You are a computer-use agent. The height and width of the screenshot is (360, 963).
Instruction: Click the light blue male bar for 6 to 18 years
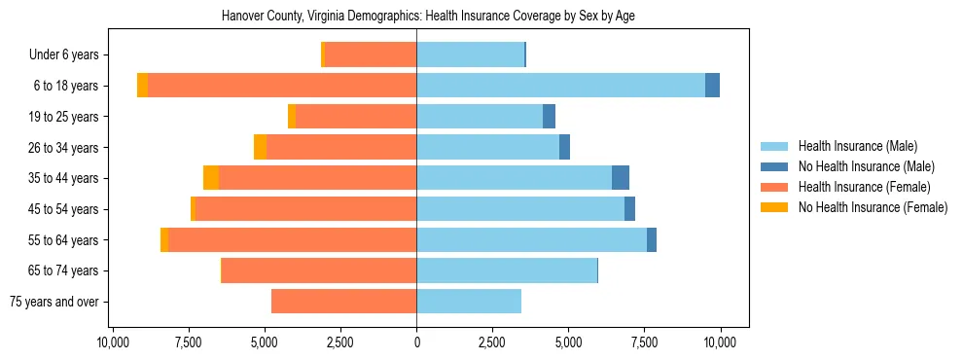coord(560,86)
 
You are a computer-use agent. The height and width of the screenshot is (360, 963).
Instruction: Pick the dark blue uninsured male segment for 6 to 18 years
coord(712,86)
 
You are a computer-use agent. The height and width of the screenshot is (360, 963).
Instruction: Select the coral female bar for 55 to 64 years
coord(292,239)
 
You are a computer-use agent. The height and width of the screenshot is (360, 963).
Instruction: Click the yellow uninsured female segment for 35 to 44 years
coord(211,178)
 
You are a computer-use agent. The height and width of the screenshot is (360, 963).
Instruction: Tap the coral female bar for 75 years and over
coord(343,302)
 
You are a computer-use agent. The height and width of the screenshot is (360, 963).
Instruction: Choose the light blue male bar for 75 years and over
coord(469,302)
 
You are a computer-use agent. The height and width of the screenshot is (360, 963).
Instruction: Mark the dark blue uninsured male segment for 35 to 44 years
coord(621,178)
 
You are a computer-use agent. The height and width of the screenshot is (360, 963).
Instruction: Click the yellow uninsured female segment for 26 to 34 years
coord(260,147)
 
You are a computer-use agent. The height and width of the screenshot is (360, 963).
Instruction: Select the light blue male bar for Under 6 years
coord(470,54)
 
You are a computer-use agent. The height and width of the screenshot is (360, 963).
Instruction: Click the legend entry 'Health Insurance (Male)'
coord(857,146)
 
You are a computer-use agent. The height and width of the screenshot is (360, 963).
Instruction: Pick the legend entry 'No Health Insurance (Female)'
coord(873,207)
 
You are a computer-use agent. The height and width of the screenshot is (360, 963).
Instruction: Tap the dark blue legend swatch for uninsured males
coord(774,166)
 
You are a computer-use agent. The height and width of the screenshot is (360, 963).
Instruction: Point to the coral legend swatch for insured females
coord(774,187)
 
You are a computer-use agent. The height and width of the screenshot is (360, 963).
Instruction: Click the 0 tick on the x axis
coord(416,342)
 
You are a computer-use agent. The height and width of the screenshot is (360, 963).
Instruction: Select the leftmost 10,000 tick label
coord(114,342)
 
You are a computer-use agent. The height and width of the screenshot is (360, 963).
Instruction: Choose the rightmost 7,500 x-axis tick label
coord(644,342)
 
